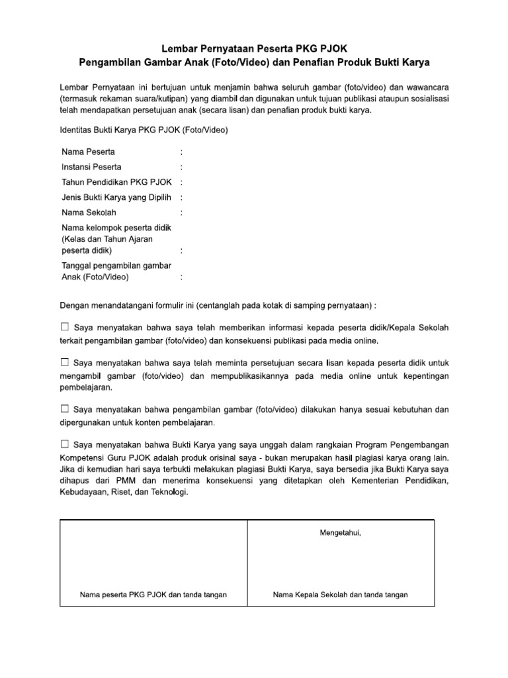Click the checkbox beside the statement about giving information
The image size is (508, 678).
coord(64,327)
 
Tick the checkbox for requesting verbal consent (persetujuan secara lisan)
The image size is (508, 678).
coord(64,363)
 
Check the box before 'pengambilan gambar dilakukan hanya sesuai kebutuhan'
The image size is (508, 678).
coord(64,409)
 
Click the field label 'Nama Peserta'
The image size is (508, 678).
coord(88,152)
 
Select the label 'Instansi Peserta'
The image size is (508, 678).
coord(91,167)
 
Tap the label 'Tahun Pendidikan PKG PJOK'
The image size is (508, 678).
coord(117,182)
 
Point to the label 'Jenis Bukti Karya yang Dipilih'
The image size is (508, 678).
coord(116,197)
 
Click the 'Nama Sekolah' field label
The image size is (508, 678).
coord(89,213)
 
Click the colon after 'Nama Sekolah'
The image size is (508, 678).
coord(181,213)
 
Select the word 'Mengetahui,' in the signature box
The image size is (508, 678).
coord(341,533)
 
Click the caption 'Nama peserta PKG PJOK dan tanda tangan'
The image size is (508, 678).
coord(153,595)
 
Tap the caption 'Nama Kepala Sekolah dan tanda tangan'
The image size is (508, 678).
coord(341,595)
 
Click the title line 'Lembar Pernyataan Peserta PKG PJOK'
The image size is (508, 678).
coord(254,49)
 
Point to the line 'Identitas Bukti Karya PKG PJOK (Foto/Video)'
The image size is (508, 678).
coord(144,130)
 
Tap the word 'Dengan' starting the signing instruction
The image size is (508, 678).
coord(74,306)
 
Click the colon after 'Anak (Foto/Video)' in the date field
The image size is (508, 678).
coord(181,277)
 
